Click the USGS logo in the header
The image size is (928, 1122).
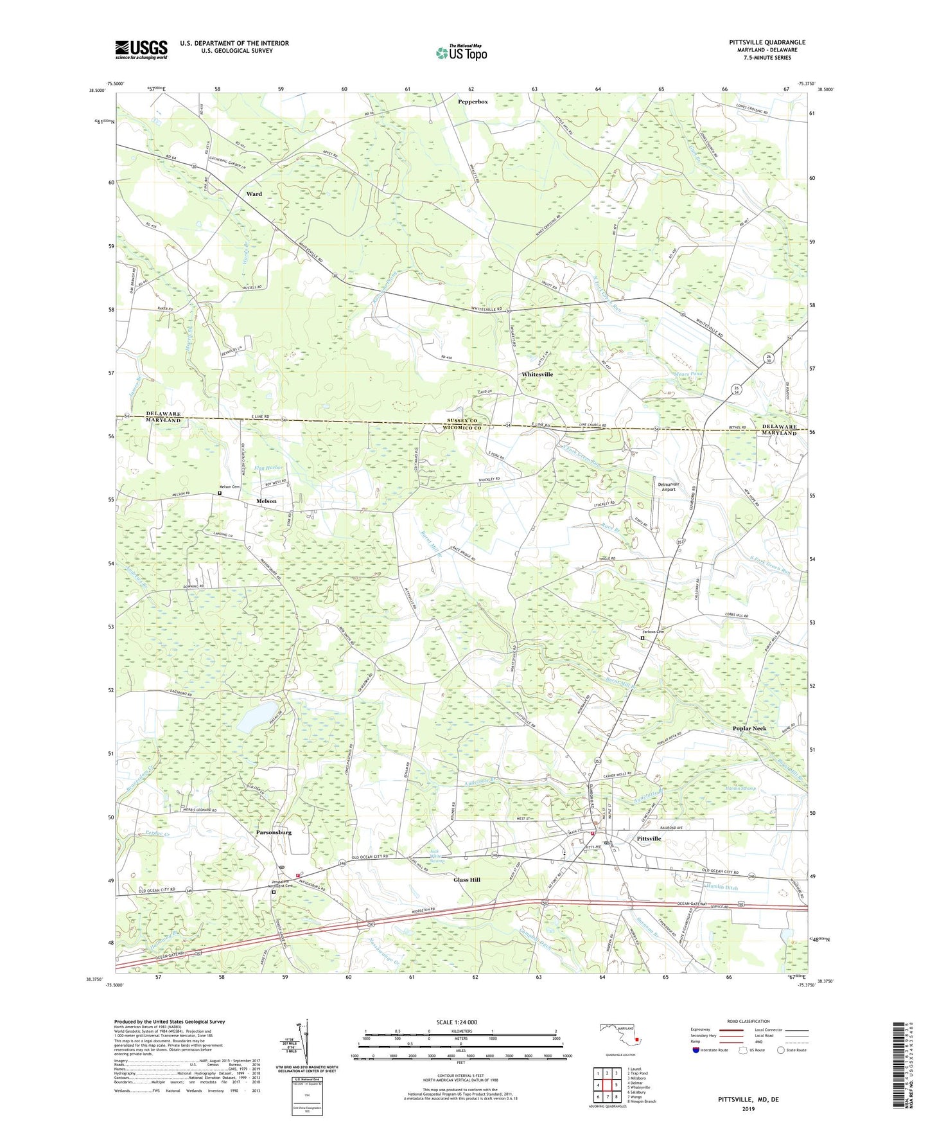141,49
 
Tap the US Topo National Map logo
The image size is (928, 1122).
460,52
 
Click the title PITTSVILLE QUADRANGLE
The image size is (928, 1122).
767,42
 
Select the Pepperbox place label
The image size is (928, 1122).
473,102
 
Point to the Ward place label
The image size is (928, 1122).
254,194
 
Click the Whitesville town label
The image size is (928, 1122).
537,374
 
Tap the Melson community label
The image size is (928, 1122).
266,501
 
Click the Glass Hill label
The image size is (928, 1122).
467,880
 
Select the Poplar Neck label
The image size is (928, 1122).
749,729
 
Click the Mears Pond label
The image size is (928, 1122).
688,373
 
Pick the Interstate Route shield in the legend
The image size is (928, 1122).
696,1051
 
